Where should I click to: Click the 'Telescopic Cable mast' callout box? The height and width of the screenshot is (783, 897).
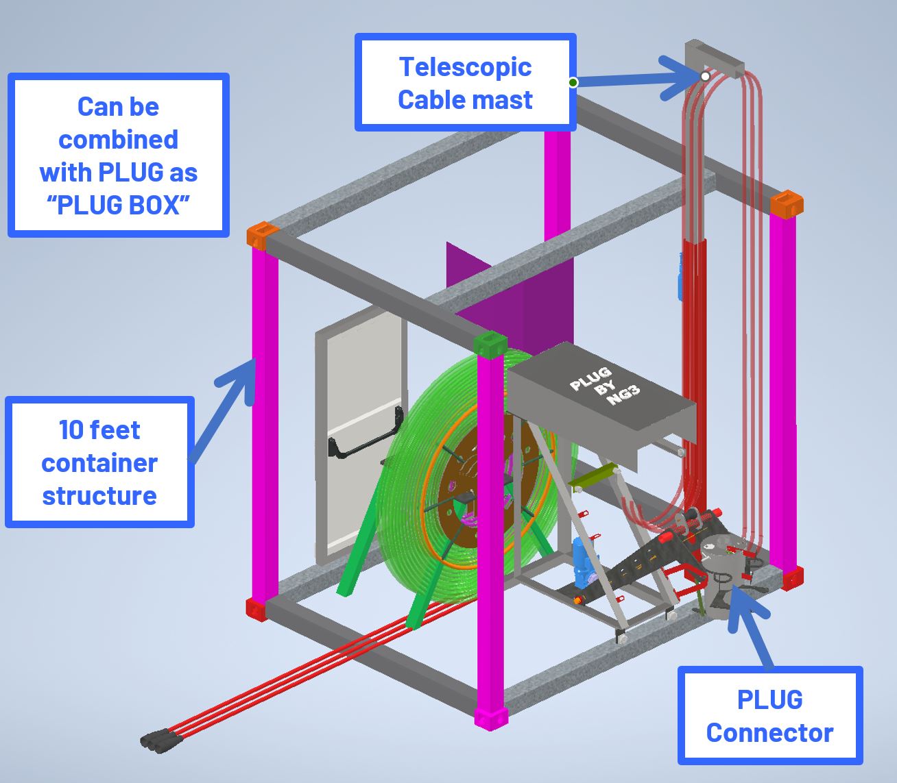[x=465, y=82]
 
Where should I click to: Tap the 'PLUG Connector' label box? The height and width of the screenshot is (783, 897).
[x=769, y=715]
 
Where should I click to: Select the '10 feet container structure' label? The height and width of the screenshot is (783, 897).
[x=99, y=462]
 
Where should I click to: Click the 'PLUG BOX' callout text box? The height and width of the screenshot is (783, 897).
[x=118, y=156]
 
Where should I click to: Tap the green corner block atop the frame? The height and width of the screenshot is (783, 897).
[x=490, y=343]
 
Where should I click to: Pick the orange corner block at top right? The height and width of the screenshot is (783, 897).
[x=786, y=203]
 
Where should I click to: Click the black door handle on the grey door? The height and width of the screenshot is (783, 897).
[x=363, y=442]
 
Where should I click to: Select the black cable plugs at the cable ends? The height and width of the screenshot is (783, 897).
[x=158, y=741]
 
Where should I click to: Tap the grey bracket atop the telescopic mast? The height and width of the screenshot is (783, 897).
[x=714, y=58]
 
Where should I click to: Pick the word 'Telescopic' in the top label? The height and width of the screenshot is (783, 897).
[x=465, y=67]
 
